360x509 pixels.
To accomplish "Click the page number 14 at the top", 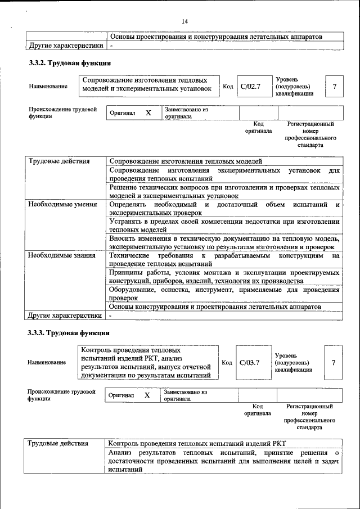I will [x=184, y=21].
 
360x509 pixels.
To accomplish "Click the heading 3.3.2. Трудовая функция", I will [x=69, y=63].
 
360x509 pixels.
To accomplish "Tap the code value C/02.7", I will [x=250, y=87].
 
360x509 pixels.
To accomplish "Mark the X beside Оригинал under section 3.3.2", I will [x=148, y=112].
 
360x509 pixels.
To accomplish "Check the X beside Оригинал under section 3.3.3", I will [x=147, y=395].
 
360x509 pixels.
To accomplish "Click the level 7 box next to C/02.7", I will [x=335, y=87].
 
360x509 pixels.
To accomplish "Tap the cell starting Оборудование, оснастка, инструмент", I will [x=224, y=294].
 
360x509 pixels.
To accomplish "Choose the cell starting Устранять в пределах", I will [x=224, y=226].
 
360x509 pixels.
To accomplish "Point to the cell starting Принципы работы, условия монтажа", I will [x=224, y=276].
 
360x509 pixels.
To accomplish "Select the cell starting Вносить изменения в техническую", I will [x=224, y=242].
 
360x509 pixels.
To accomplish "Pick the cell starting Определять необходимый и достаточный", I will [x=224, y=209].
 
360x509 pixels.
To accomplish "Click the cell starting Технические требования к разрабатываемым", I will [x=224, y=259].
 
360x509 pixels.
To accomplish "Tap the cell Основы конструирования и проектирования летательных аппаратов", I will [x=215, y=307].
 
